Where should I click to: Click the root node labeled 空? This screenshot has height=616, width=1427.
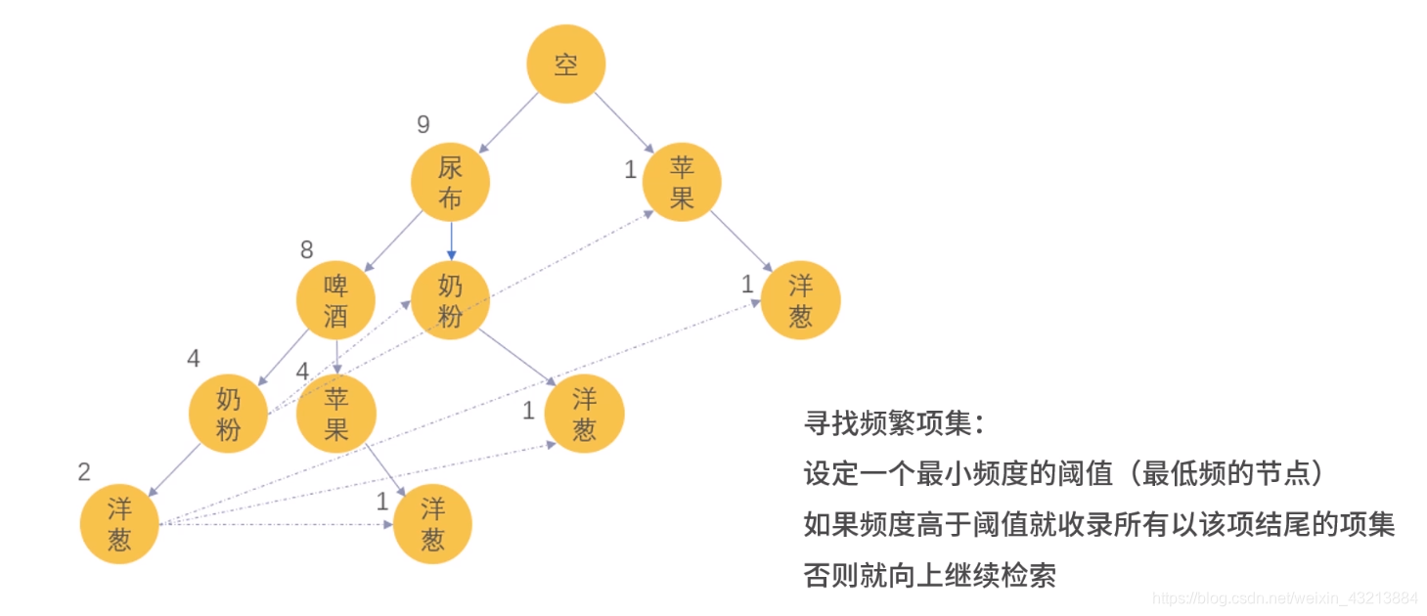click(x=565, y=65)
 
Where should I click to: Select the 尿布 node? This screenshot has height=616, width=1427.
click(x=450, y=183)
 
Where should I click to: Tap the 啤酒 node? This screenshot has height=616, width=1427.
click(x=335, y=300)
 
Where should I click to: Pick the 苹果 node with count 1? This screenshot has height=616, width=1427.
click(x=682, y=183)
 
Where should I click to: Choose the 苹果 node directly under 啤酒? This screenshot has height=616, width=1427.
click(x=335, y=415)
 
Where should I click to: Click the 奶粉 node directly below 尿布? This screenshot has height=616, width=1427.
click(x=450, y=300)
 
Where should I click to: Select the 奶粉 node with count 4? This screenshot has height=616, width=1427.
click(x=228, y=415)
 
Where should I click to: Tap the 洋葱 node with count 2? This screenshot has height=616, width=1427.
click(x=119, y=524)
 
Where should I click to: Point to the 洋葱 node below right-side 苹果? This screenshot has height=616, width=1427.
click(x=800, y=300)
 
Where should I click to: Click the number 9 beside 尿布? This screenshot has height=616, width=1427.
click(x=423, y=125)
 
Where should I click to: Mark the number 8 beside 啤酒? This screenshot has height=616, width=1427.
click(x=307, y=249)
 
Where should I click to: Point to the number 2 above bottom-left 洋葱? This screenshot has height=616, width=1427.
click(x=84, y=473)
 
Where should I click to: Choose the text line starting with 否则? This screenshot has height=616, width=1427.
click(x=930, y=575)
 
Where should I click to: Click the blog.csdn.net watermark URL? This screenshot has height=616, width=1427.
click(x=1285, y=597)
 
